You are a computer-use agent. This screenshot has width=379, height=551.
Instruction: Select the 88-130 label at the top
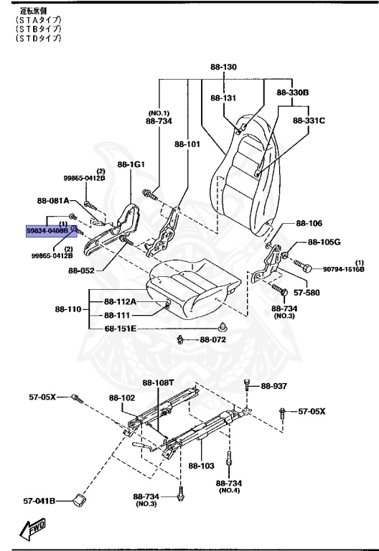coord(223,67)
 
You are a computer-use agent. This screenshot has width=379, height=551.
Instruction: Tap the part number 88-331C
coord(309,121)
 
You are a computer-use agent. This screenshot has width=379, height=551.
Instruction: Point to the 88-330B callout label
coord(292,93)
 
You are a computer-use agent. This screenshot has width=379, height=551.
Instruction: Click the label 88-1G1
coord(131,164)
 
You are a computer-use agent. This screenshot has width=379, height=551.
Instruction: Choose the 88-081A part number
coord(52,201)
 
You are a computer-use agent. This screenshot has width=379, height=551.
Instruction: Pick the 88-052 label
coord(83,270)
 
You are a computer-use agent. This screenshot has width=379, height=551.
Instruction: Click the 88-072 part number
coord(214,339)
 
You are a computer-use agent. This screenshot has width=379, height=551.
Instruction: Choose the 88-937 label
coord(273,386)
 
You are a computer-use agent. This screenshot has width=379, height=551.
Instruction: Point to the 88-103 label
coord(201,466)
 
